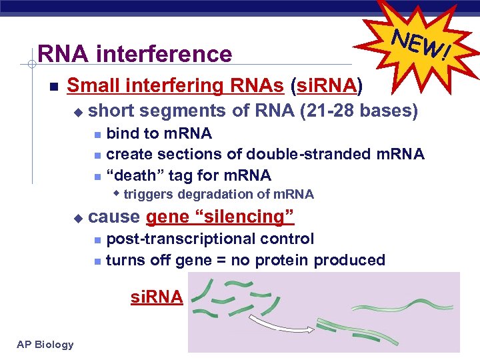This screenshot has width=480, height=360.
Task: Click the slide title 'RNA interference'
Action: (x=135, y=53)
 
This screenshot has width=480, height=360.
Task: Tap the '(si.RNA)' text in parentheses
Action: (x=327, y=85)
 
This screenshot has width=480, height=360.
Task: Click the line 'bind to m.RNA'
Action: (x=159, y=134)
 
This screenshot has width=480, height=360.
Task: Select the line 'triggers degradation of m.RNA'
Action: (x=218, y=195)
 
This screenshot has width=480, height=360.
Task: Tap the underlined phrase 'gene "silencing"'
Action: (x=220, y=217)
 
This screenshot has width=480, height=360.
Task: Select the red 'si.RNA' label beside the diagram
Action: (x=156, y=297)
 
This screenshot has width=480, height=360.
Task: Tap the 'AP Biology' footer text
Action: (x=46, y=344)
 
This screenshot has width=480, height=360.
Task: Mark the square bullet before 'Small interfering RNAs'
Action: (x=53, y=87)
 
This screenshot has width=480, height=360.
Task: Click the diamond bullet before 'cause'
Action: (x=77, y=217)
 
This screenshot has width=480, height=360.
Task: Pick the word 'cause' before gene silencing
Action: (x=114, y=217)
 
